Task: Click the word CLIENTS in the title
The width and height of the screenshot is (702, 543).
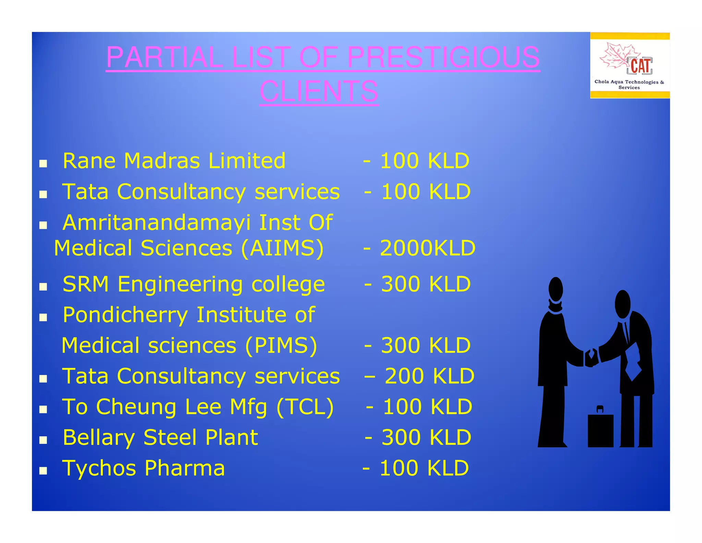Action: point(319,91)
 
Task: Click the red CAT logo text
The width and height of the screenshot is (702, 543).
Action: point(640,66)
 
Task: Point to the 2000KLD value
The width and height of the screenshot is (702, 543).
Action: point(427,248)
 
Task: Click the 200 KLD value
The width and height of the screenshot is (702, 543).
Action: point(429,376)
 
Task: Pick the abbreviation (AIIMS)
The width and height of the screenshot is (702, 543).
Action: point(282,248)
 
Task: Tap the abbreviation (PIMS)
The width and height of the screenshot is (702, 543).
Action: point(281,345)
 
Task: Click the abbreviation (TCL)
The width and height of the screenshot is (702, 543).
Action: point(305,407)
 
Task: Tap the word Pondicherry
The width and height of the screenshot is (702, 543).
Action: point(125,315)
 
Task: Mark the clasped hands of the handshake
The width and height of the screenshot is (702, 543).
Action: point(591,358)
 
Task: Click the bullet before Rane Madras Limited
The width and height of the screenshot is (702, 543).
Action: point(43,164)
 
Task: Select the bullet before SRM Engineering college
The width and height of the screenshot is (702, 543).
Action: point(43,287)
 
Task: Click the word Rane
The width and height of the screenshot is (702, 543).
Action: point(89,161)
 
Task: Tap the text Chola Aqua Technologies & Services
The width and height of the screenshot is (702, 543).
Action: point(629,84)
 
